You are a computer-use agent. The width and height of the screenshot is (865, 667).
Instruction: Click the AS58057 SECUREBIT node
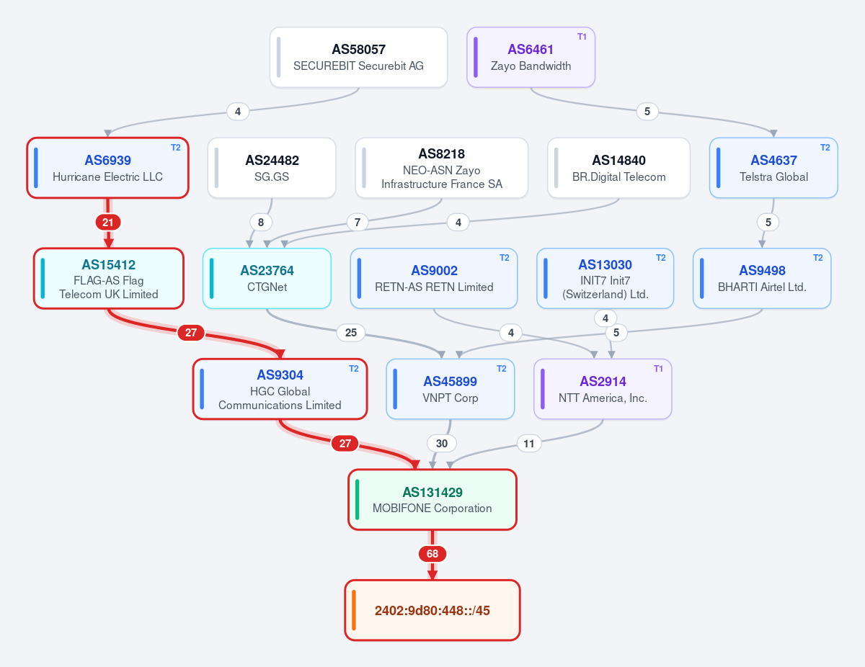point(358,58)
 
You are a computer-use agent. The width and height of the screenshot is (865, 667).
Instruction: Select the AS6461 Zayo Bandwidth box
point(531,58)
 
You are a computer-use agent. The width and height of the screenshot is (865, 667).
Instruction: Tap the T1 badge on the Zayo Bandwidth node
point(582,37)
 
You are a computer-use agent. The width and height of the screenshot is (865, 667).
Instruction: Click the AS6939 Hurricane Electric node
point(107,168)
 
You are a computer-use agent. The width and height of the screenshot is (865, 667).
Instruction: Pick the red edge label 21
point(108,222)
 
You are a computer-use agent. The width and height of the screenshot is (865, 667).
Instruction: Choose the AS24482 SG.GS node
point(272,168)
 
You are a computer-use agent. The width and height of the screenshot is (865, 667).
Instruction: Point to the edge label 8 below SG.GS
point(261,222)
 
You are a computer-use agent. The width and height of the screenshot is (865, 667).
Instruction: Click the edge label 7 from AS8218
point(358,222)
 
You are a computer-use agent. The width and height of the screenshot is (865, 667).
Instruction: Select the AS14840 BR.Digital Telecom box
point(618,168)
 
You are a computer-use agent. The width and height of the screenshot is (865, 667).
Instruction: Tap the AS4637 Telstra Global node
point(773,168)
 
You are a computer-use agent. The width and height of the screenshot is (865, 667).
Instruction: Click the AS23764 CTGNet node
point(267,279)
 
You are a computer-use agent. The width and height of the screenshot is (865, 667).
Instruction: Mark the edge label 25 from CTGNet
point(351,333)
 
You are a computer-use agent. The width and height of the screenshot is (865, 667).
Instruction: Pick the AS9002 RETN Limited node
point(434,279)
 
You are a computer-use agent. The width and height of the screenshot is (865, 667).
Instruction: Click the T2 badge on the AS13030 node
point(660,258)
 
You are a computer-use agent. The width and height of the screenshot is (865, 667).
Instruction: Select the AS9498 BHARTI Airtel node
point(762,279)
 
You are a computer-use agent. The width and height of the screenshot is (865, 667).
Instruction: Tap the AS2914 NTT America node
point(603,389)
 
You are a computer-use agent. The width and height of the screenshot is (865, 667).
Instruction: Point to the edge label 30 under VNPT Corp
point(441,443)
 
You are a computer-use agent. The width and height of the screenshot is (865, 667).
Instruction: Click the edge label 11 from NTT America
point(528,443)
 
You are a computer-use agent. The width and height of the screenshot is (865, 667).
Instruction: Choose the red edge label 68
point(432,554)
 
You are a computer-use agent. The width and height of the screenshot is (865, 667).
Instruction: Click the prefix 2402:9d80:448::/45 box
point(432,610)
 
